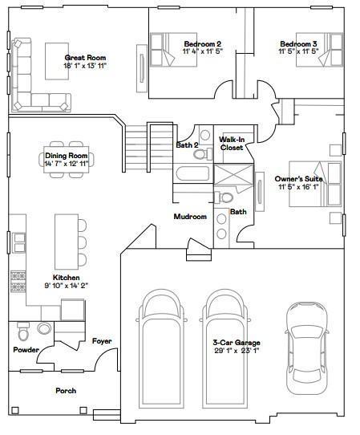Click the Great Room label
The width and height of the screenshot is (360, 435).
click(x=85, y=58)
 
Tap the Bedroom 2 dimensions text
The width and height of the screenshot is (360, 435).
click(x=203, y=51)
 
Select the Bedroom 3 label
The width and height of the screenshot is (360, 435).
click(x=298, y=44)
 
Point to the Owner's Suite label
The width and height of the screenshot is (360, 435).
click(x=298, y=179)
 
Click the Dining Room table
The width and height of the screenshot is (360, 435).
click(x=67, y=160)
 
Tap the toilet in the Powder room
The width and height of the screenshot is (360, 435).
click(x=23, y=331)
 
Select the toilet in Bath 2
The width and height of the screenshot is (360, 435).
click(x=202, y=154)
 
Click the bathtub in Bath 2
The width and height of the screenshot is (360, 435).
click(x=192, y=173)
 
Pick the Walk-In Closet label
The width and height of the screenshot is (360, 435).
click(x=232, y=144)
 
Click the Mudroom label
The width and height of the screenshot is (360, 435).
click(x=190, y=217)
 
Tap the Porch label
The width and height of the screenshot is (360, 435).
click(x=66, y=391)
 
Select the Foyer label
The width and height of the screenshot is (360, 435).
click(x=102, y=341)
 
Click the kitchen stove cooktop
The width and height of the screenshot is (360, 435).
click(x=18, y=282)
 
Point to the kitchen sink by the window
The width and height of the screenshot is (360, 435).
click(x=19, y=242)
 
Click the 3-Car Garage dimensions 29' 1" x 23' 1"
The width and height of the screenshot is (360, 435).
click(x=237, y=351)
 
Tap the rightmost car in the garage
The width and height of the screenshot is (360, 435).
click(x=307, y=348)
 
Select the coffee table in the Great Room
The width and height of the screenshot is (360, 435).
click(x=57, y=61)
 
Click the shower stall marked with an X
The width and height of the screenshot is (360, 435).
click(x=233, y=174)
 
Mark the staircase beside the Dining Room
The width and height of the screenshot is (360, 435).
click(x=148, y=148)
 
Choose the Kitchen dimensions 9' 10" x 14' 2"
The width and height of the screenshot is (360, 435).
click(x=67, y=285)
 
